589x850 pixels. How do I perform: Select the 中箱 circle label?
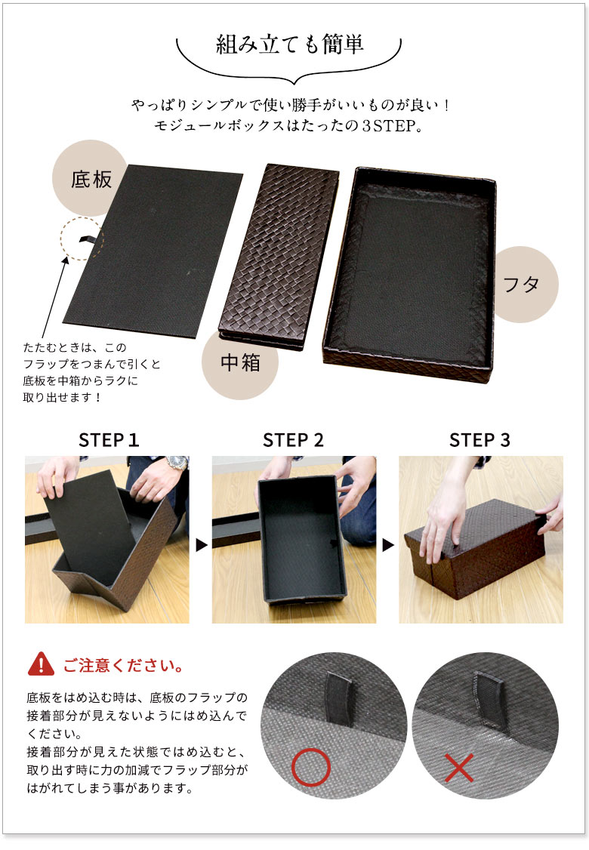pos(240,363)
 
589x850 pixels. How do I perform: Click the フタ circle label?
pos(522,285)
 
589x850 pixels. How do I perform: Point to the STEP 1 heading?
pos(109,440)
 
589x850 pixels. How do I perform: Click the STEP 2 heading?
pos(293,440)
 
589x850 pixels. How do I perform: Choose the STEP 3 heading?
pos(480,440)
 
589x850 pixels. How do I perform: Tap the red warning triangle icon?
pos(41,665)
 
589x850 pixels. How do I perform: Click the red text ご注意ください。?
pos(123,667)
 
